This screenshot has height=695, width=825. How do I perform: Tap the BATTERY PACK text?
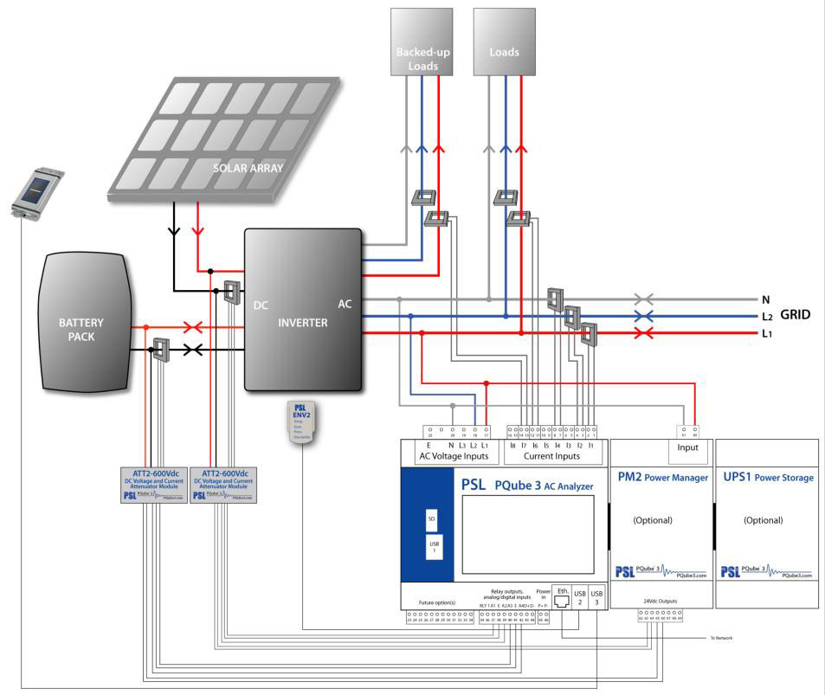pyautogui.click(x=81, y=329)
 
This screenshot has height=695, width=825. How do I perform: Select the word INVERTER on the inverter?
pyautogui.click(x=303, y=323)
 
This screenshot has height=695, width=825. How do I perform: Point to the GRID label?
pyautogui.click(x=795, y=315)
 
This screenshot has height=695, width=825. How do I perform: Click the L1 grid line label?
pyautogui.click(x=765, y=333)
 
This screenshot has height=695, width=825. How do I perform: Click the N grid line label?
pyautogui.click(x=765, y=299)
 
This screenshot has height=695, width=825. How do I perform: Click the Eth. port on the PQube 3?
pyautogui.click(x=562, y=595)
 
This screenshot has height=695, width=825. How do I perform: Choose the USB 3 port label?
pyautogui.click(x=597, y=595)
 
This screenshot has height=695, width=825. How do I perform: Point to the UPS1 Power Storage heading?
pyautogui.click(x=765, y=477)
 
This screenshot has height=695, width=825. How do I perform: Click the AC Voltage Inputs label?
pyautogui.click(x=453, y=456)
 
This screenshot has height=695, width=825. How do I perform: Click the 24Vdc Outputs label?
pyautogui.click(x=661, y=601)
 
